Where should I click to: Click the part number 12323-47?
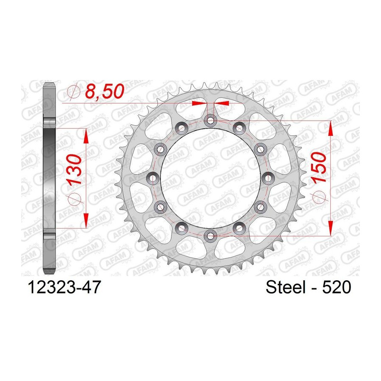64,287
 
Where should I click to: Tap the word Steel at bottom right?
285,287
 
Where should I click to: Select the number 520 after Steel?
337,287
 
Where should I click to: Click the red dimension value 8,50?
105,91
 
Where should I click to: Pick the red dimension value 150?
319,167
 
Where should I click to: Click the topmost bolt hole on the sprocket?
210,120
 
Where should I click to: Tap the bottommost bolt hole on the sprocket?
210,236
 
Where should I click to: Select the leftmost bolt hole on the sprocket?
152,178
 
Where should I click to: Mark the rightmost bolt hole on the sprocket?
268,178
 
